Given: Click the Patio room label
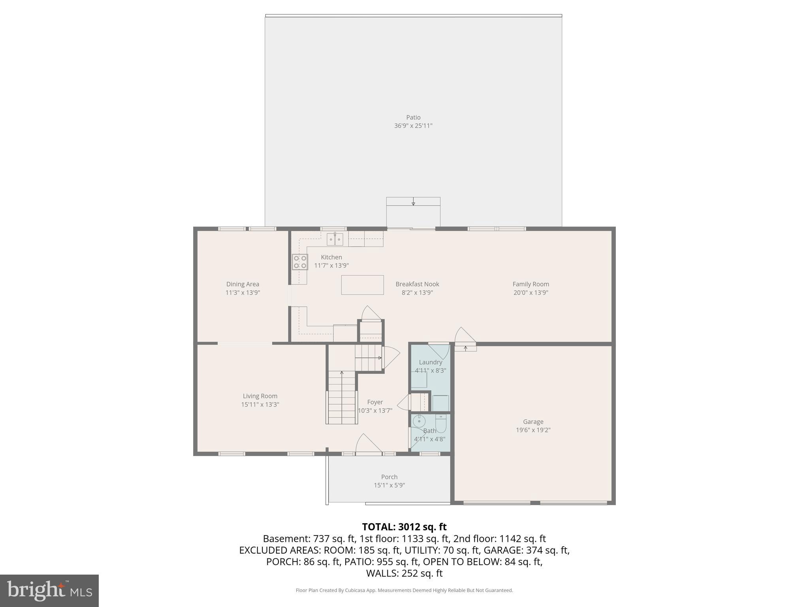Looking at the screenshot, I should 413,117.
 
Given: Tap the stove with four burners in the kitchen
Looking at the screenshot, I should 300,262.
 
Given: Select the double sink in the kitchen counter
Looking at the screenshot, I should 335,239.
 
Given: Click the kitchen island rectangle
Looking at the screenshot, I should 362,285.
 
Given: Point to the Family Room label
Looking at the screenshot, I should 531,284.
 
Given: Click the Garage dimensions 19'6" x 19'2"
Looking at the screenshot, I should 533,430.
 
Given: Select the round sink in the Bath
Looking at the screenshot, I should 419,422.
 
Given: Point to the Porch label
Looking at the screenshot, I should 389,477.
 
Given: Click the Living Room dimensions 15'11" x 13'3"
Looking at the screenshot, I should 260,405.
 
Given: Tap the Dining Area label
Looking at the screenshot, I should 243,284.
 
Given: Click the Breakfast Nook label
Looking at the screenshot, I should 417,284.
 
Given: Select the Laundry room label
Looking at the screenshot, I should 430,362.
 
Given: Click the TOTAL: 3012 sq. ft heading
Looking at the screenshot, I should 404,527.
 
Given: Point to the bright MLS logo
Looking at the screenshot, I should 49,590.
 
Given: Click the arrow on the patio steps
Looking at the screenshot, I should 413,202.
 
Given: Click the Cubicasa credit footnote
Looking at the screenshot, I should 404,590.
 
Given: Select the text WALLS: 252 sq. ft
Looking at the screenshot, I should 404,573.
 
